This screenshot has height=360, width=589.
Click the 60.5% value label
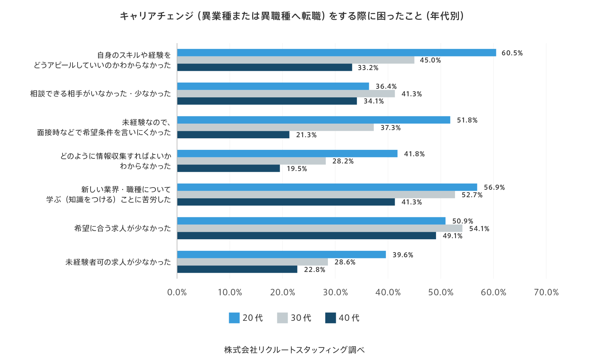tap(512, 53)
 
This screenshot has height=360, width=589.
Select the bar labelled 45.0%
tap(296, 60)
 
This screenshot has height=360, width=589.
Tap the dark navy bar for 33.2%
tap(264, 68)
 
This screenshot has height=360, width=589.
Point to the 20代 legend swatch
tap(234, 318)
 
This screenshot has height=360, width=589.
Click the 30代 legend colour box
tap(282, 318)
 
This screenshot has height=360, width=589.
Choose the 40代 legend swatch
tap(330, 318)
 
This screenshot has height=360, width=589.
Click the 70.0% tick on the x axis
tap(546, 292)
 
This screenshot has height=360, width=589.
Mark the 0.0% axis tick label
tap(177, 292)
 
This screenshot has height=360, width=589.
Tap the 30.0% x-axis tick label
tap(335, 292)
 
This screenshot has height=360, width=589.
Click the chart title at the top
tap(292, 16)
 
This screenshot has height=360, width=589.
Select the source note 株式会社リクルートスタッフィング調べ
tap(294, 350)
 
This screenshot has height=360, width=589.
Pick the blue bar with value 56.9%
tap(327, 187)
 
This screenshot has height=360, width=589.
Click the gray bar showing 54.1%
tap(320, 228)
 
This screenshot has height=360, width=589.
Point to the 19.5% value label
tap(297, 169)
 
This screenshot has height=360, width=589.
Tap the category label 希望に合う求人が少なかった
tap(122, 228)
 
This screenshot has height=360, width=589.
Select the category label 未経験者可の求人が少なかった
tap(118, 262)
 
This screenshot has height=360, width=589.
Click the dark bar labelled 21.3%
tap(233, 135)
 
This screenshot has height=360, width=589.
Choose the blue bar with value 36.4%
tap(273, 86)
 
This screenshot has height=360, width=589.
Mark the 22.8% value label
tap(314, 270)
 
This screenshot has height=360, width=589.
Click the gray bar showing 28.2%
tap(251, 161)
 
